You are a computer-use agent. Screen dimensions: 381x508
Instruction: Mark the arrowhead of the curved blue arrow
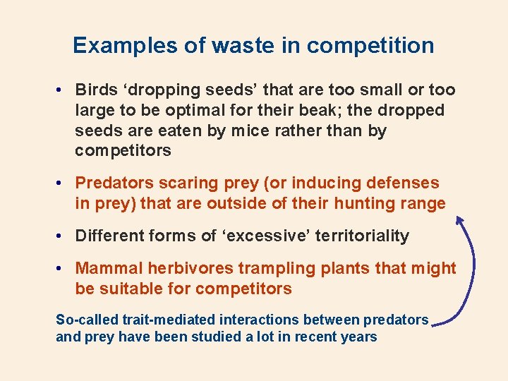click(x=459, y=220)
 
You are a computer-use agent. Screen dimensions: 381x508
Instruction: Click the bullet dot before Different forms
click(x=62, y=236)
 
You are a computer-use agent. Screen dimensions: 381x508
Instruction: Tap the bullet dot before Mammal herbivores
click(x=62, y=269)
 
